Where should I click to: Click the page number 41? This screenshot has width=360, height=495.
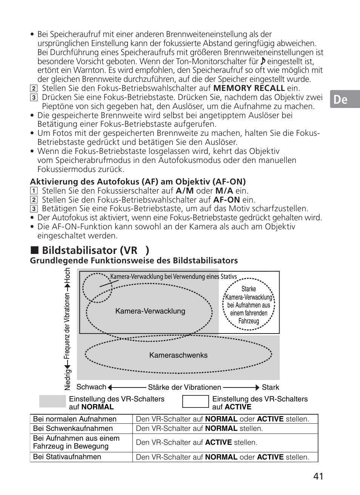(318, 476)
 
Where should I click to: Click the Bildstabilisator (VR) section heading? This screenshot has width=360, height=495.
(95, 250)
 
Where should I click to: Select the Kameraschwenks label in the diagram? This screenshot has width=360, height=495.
(178, 355)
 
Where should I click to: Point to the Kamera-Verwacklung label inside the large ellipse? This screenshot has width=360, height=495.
(150, 311)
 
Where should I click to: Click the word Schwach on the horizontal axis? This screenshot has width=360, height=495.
(91, 387)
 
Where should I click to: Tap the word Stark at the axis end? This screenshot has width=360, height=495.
(270, 387)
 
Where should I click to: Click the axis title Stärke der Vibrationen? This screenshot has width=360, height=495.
(185, 387)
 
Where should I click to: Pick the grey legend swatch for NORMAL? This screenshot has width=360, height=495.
(52, 401)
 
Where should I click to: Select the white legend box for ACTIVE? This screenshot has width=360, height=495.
(195, 401)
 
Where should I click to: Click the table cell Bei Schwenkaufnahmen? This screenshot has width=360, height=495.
(73, 429)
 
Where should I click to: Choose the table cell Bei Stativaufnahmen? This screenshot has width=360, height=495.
(67, 457)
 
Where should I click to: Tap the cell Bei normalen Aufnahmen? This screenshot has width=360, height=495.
(75, 419)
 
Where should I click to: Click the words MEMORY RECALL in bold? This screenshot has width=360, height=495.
(249, 88)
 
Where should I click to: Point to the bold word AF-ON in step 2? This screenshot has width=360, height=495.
(226, 200)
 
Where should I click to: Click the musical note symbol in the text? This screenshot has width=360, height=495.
(263, 61)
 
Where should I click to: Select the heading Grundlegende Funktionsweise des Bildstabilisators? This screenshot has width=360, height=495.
(134, 261)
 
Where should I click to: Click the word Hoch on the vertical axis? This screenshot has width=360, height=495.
(68, 276)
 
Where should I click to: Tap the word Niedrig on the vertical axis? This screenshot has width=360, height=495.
(68, 380)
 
